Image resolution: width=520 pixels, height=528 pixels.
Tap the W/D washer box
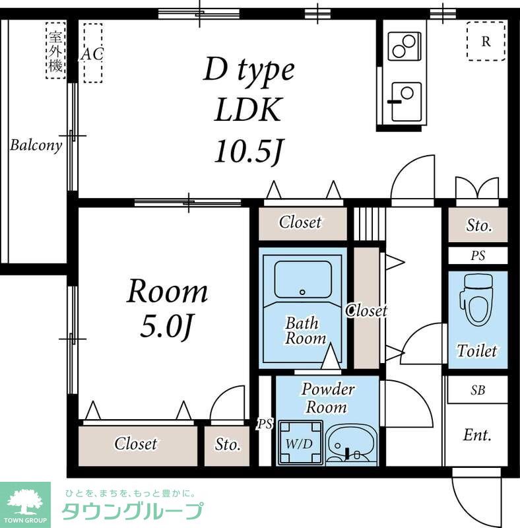[300, 442]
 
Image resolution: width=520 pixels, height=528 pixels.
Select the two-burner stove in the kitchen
[404, 46]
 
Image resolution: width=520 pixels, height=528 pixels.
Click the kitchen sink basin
[406, 102]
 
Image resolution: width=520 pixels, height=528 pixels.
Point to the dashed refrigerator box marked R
[486, 41]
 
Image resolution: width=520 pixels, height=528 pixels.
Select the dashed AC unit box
[93, 53]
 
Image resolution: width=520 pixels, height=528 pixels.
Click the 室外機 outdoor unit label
[55, 51]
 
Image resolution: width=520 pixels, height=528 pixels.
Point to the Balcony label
[36, 145]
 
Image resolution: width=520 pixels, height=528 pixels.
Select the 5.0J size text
[166, 327]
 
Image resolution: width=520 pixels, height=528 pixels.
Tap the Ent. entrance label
[477, 435]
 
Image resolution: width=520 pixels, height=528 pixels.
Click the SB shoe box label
[478, 390]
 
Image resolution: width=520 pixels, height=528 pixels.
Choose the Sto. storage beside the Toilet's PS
[478, 224]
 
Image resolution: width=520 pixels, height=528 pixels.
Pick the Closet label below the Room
[135, 444]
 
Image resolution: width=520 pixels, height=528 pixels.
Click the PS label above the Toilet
[478, 255]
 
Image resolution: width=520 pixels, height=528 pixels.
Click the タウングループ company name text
[133, 511]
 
